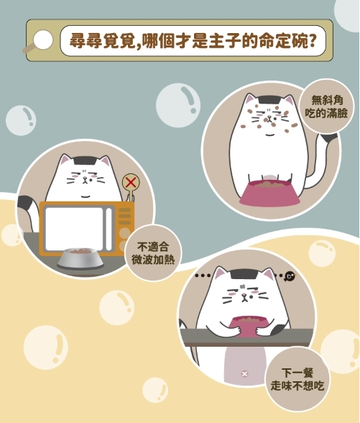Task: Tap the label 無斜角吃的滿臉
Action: point(326,106)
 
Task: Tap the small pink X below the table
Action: point(244,373)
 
